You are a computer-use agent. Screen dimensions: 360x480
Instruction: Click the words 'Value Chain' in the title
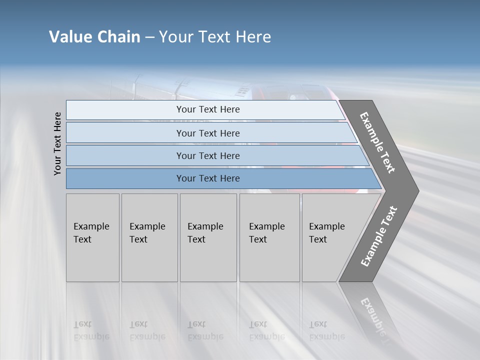point(94,37)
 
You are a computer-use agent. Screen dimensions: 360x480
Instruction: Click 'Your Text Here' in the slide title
point(215,37)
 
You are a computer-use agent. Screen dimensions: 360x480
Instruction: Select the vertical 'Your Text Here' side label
point(58,143)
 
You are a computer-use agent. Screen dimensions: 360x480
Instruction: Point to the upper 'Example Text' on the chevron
point(377,142)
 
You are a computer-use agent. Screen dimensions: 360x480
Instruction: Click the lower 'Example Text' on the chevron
point(379,236)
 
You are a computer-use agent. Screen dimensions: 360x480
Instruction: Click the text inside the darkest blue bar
point(208,178)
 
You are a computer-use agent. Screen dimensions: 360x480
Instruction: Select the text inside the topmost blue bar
point(208,109)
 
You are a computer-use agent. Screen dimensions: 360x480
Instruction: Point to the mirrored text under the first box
point(91,330)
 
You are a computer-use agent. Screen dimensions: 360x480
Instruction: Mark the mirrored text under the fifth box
point(326,330)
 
